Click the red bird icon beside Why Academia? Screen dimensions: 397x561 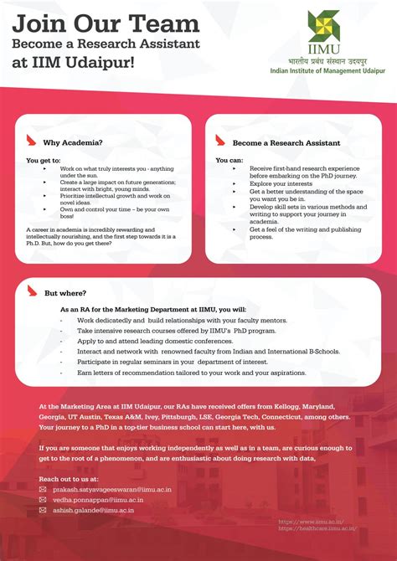(33, 141)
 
